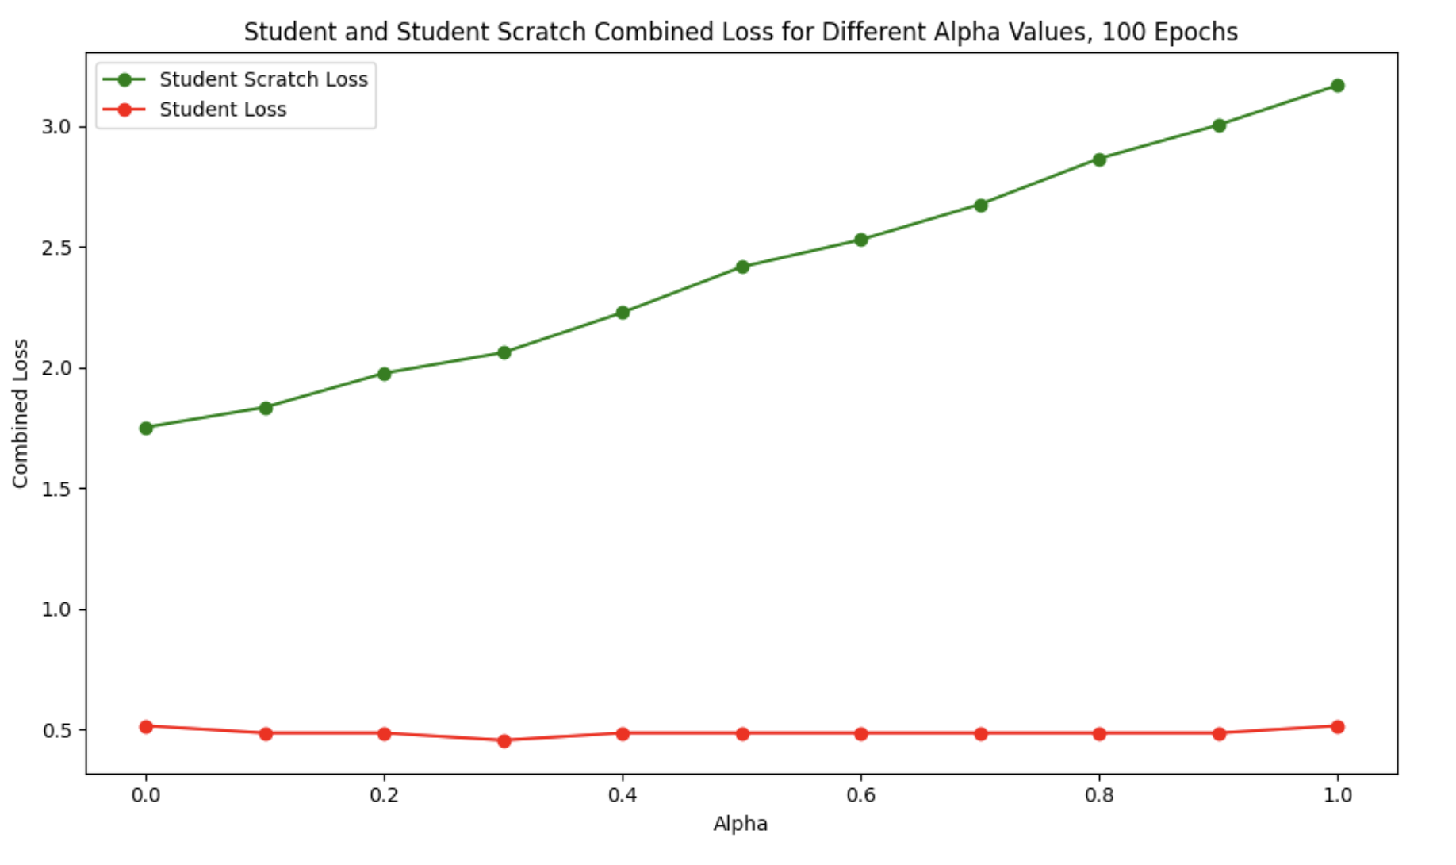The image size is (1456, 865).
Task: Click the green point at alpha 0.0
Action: pyautogui.click(x=146, y=428)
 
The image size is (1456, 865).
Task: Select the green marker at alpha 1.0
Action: pyautogui.click(x=1337, y=86)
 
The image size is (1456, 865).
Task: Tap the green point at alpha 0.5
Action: pyautogui.click(x=742, y=267)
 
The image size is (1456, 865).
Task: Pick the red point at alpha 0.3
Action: pyautogui.click(x=504, y=740)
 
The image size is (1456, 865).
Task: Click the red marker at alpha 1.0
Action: pyautogui.click(x=1337, y=726)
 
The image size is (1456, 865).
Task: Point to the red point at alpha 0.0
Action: pyautogui.click(x=146, y=726)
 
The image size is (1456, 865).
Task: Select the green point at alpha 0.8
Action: pyautogui.click(x=1099, y=160)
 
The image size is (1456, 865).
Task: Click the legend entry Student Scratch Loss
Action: pyautogui.click(x=263, y=79)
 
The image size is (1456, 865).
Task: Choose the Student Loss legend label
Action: pyautogui.click(x=223, y=110)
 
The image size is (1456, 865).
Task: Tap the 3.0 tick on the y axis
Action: pyautogui.click(x=56, y=127)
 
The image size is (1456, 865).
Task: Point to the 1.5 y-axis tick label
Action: pyautogui.click(x=56, y=489)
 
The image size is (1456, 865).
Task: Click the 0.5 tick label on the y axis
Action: pyautogui.click(x=56, y=730)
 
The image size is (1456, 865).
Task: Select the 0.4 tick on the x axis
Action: pyautogui.click(x=623, y=794)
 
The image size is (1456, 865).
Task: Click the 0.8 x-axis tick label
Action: pyautogui.click(x=1099, y=794)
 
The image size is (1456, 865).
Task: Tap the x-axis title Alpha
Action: pyautogui.click(x=740, y=824)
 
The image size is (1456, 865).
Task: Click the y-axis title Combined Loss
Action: pyautogui.click(x=21, y=413)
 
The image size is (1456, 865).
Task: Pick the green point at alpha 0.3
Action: pyautogui.click(x=504, y=352)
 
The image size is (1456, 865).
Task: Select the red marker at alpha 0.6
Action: pyautogui.click(x=860, y=733)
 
